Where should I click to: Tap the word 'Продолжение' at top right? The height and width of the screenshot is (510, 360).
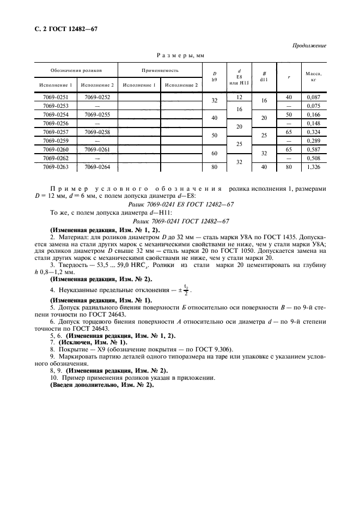point(310,46)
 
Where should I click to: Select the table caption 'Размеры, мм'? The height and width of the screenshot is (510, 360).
point(180,56)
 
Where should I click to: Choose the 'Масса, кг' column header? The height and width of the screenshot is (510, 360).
point(313,76)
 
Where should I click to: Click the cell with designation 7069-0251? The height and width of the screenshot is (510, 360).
point(56,96)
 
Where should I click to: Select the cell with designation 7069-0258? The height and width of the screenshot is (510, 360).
point(97,132)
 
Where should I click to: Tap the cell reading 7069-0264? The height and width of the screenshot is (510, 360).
point(97,167)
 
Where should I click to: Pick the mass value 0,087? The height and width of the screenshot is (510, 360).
point(313,96)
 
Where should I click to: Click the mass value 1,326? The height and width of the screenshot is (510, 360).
point(313,167)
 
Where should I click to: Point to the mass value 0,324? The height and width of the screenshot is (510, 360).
point(313,132)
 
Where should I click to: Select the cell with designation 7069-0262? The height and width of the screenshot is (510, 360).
point(56,159)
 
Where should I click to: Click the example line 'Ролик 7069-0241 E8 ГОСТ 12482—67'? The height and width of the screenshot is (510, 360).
point(180,203)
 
